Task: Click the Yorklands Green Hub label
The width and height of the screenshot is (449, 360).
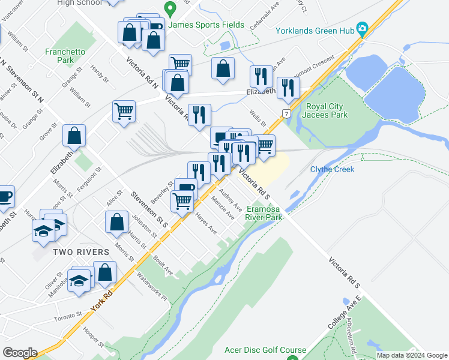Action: (x=313, y=31)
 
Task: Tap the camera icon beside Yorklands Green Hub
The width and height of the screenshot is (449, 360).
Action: (x=362, y=29)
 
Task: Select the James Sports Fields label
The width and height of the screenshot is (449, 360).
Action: (x=206, y=25)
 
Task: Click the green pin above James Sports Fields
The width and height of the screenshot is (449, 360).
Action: (x=170, y=10)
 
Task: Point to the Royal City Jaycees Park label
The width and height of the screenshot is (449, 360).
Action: (x=327, y=110)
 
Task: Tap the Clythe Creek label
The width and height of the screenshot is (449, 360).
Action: (x=332, y=169)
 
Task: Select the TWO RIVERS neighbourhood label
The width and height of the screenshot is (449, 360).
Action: (x=80, y=252)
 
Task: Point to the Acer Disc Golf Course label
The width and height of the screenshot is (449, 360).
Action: (x=265, y=350)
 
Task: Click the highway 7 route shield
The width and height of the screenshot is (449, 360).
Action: (x=287, y=113)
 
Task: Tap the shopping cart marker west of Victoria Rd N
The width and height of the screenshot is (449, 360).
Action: (x=124, y=110)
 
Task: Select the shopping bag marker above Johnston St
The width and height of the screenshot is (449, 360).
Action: (x=116, y=221)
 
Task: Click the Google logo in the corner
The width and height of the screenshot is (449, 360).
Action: (x=20, y=353)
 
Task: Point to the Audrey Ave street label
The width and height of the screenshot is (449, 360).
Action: (x=231, y=200)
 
